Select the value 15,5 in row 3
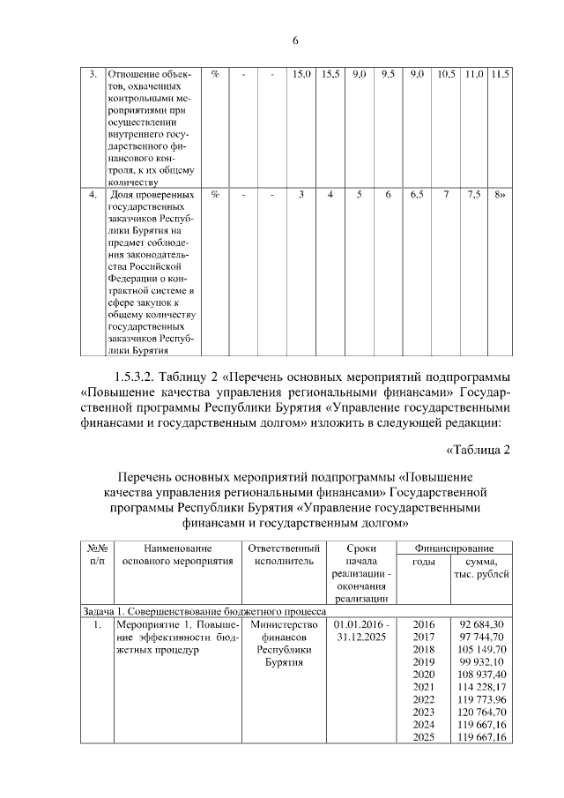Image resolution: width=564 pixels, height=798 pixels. pyautogui.click(x=330, y=74)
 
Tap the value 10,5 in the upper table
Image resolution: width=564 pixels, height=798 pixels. pyautogui.click(x=446, y=74)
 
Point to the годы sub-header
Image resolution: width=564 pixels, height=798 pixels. pyautogui.click(x=424, y=561)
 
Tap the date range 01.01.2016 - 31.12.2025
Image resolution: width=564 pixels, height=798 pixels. pyautogui.click(x=361, y=630)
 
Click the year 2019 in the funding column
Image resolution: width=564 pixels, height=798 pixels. pyautogui.click(x=424, y=661)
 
